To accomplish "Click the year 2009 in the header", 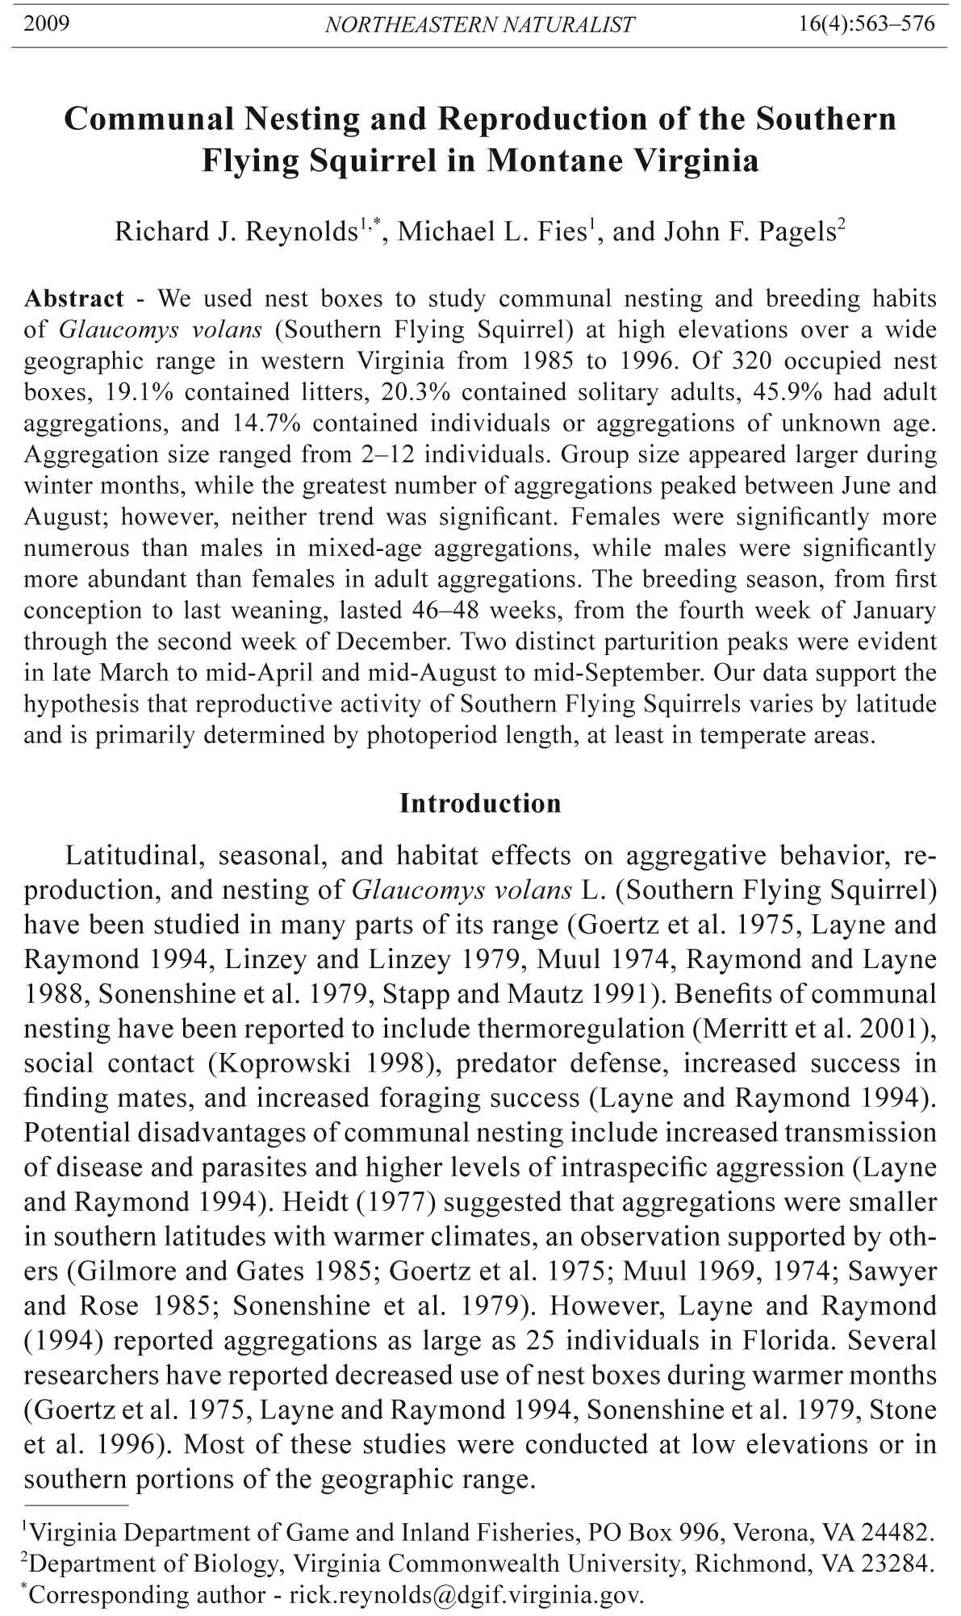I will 46,23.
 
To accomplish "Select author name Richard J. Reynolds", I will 236,232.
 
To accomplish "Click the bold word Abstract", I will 74,299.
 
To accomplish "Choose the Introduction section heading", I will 480,804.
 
